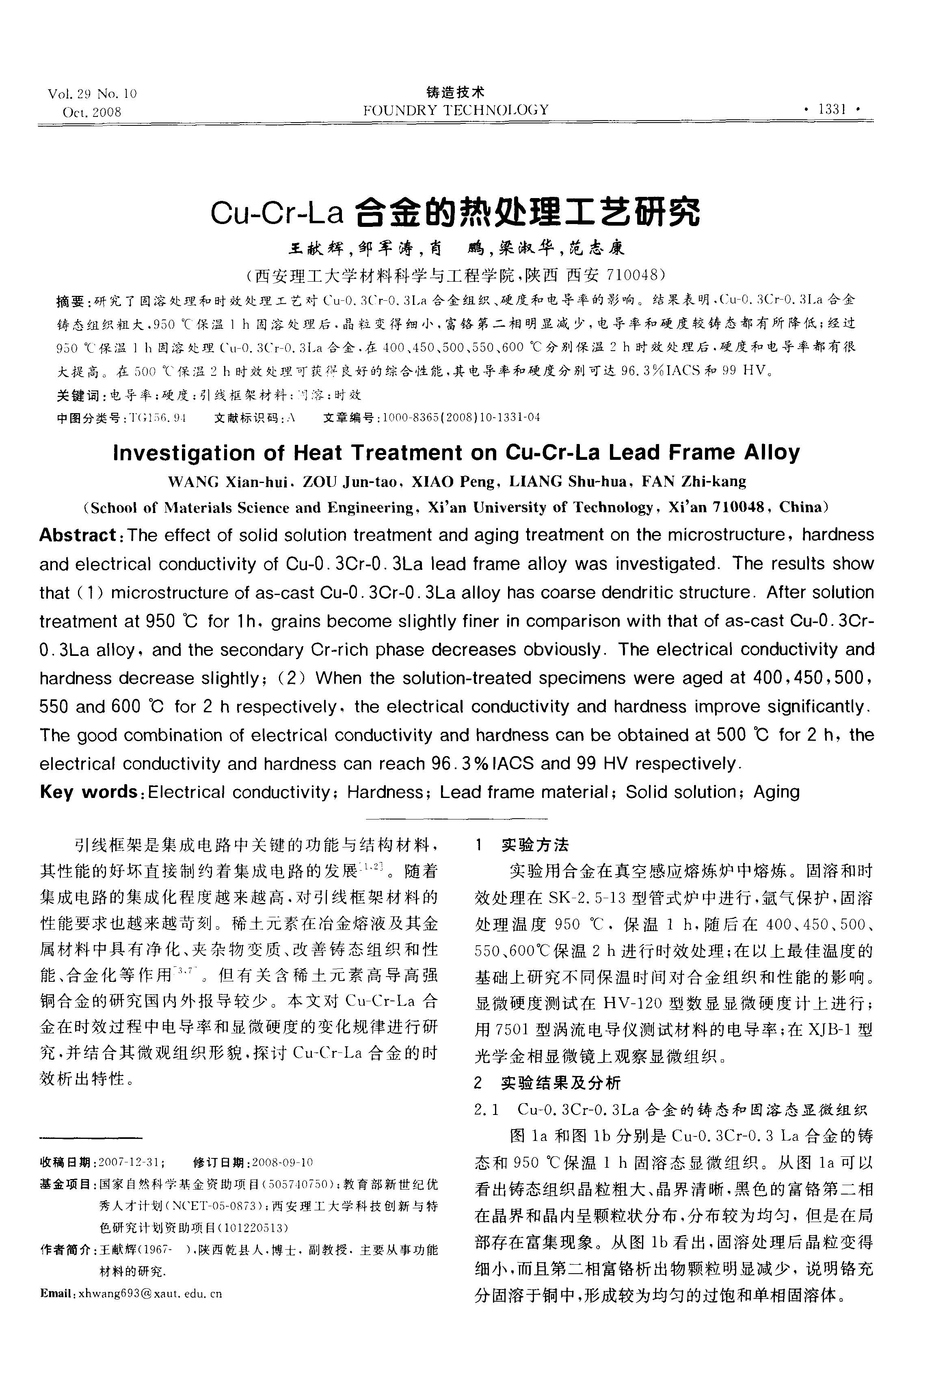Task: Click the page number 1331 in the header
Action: point(832,110)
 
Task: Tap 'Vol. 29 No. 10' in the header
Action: point(92,94)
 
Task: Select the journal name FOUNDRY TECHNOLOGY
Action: point(456,110)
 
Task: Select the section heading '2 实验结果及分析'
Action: point(547,1083)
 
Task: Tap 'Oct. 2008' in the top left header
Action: point(92,112)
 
